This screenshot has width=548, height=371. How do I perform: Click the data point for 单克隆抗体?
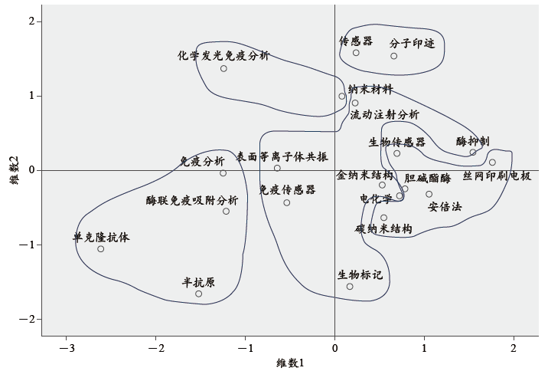coord(101,249)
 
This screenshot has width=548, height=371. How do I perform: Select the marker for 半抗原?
coord(198,294)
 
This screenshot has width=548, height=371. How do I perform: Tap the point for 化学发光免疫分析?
coord(223,68)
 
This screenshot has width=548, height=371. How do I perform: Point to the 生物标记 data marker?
coord(350,287)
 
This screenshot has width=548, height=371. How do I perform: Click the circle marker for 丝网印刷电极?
coord(492,163)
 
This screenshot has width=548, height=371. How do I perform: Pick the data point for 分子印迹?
coord(394,56)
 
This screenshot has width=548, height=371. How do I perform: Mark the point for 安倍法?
coord(429,194)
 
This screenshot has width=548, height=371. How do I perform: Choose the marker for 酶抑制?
coord(473,153)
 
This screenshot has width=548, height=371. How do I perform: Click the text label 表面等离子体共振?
coord(282,156)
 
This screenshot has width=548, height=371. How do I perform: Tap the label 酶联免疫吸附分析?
coord(192,200)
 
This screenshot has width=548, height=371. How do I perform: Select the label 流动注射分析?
coord(384,114)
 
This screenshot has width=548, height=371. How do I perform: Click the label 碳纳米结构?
coord(383,228)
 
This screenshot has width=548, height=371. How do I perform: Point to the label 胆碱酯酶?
coord(427,178)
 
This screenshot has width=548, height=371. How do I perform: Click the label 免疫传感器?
coord(287,189)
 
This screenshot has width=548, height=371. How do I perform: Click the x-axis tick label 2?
coord(514,349)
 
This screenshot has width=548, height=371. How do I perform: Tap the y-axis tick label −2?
coord(27,320)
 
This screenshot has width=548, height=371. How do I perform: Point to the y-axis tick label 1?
coord(32,96)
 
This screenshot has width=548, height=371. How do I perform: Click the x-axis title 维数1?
coord(290,363)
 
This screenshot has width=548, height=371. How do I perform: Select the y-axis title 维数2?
coord(13,170)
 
